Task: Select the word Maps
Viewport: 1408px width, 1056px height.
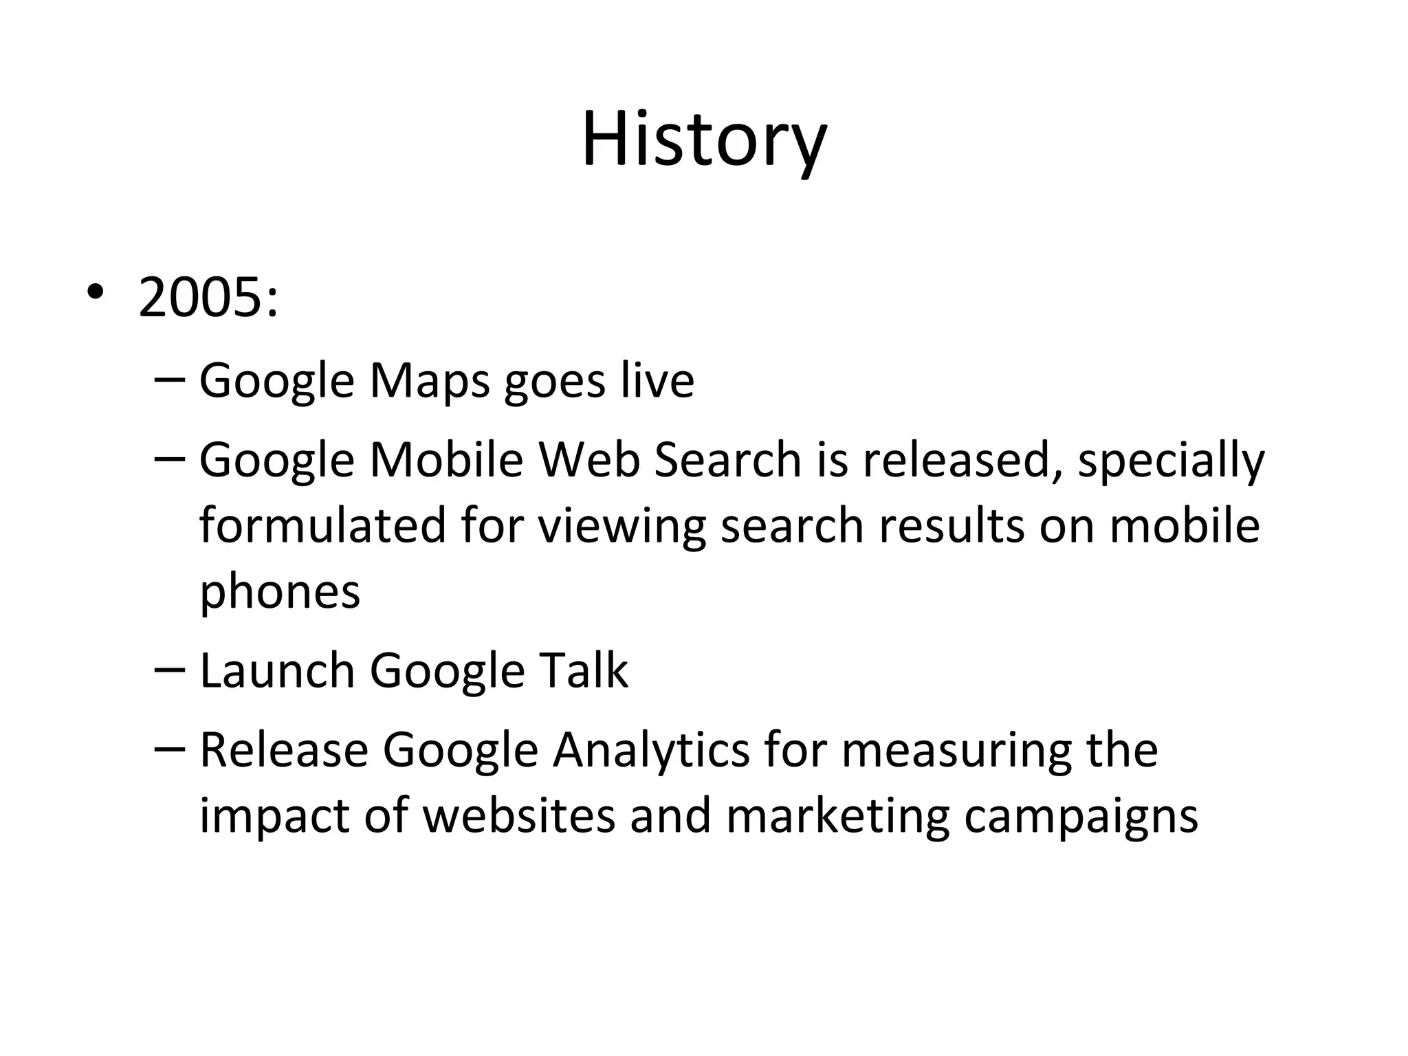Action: tap(430, 381)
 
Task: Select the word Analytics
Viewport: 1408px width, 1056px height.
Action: tap(651, 751)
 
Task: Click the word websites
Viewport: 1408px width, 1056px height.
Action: tap(518, 816)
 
